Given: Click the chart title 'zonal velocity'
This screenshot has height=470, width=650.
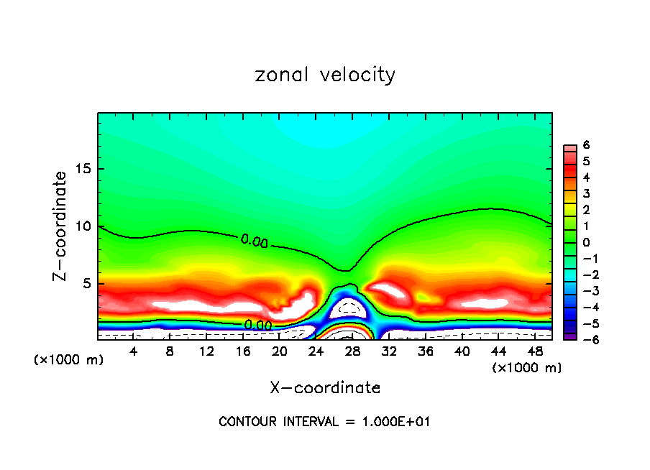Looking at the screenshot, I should point(325,75).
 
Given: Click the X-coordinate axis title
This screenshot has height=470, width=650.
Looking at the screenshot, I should point(325,388).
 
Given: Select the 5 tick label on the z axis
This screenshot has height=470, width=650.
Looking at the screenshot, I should point(86,283).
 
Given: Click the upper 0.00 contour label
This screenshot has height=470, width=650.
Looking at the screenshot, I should point(255,241).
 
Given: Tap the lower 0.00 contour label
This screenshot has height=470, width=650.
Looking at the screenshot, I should point(258,325).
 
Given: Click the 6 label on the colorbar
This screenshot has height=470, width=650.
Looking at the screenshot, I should point(587,145).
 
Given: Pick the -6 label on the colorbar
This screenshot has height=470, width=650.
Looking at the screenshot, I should point(585,339).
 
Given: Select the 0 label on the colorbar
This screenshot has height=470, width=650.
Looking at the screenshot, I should point(587,242).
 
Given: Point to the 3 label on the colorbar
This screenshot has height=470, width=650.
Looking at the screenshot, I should point(587,193).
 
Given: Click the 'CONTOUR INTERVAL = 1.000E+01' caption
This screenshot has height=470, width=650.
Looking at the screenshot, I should point(325,422).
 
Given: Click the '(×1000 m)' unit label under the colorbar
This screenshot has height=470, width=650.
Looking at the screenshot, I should point(527,368).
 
